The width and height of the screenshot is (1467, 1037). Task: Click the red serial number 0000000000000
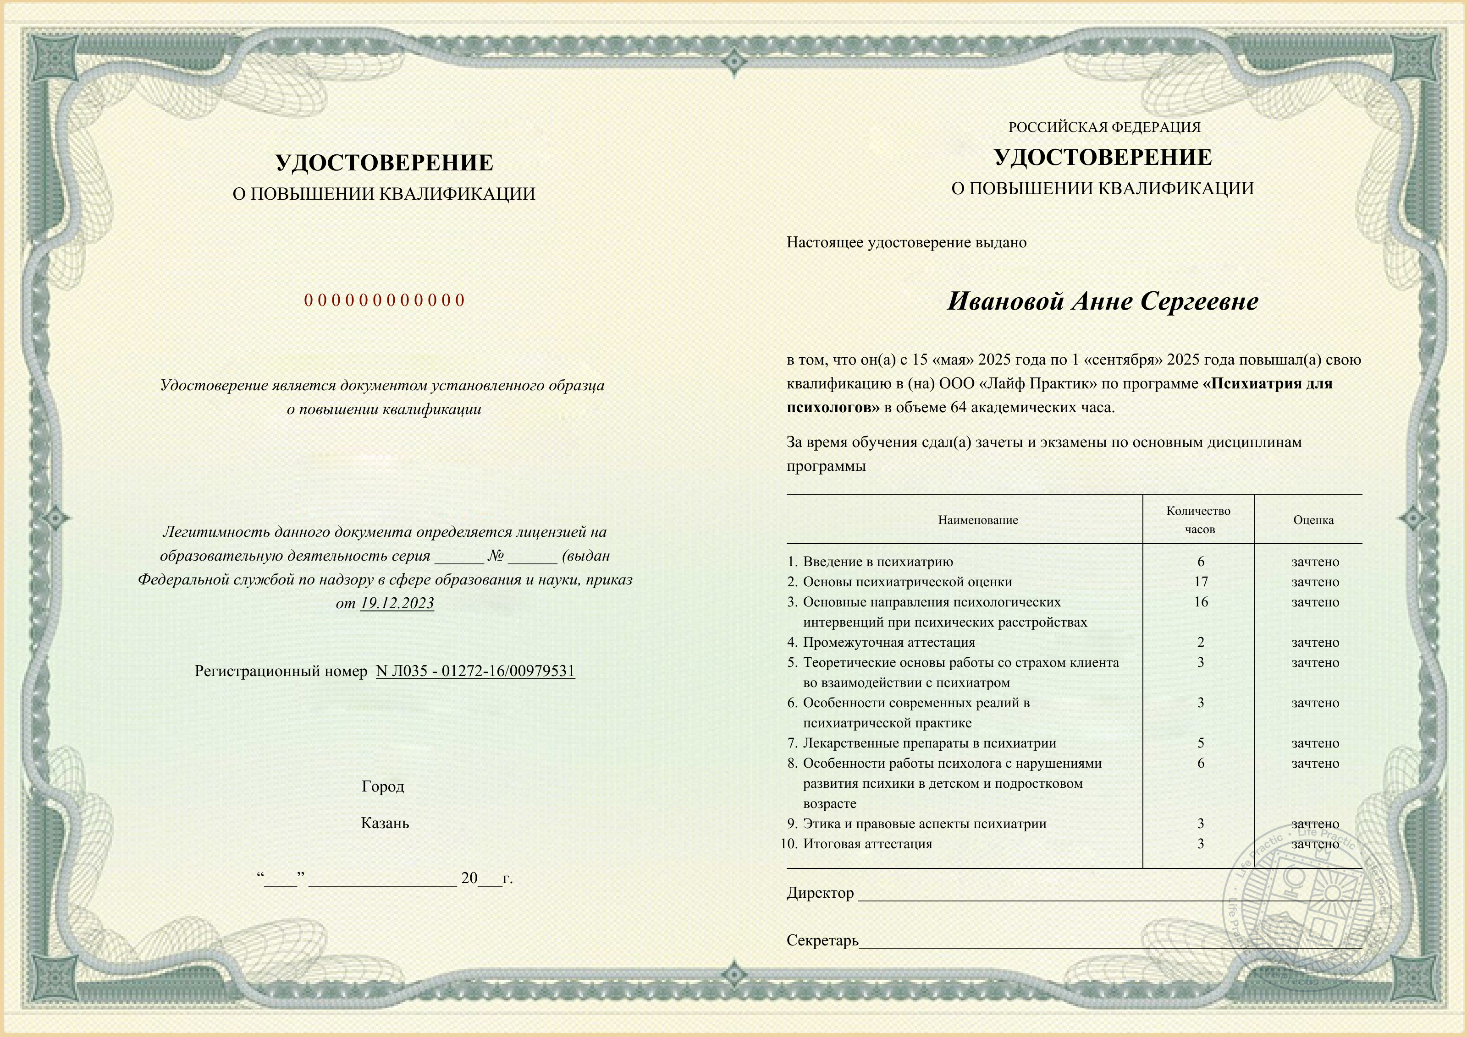(384, 300)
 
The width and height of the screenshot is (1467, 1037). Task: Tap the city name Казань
(385, 823)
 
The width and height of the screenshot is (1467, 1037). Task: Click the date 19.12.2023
(397, 603)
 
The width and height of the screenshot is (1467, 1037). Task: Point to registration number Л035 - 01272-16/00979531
(475, 671)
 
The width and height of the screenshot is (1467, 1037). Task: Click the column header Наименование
(977, 520)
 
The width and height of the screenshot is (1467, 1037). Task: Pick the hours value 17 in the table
(1201, 582)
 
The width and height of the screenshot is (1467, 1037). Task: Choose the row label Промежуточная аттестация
(889, 642)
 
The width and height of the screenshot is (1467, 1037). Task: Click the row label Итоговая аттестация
(867, 844)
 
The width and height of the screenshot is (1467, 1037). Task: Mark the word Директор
(820, 893)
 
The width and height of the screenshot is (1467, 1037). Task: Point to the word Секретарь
(822, 940)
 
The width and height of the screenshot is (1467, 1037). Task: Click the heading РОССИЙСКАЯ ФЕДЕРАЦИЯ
(1104, 127)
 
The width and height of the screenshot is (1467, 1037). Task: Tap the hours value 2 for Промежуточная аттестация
(1201, 642)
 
